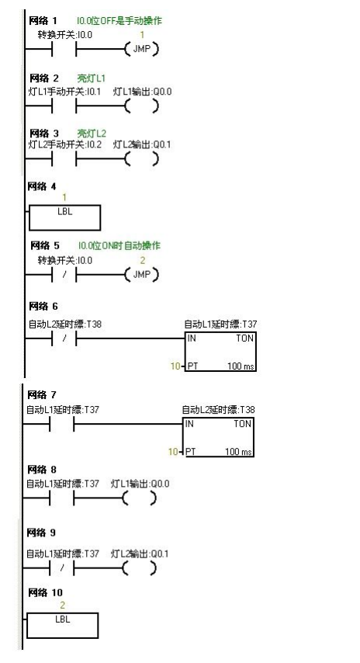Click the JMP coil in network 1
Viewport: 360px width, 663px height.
click(140, 50)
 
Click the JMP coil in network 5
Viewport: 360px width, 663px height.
click(140, 276)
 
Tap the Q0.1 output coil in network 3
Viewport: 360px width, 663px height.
click(140, 160)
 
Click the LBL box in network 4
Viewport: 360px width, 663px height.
click(64, 217)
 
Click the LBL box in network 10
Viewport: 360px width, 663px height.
click(62, 623)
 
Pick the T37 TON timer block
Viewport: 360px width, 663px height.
click(220, 351)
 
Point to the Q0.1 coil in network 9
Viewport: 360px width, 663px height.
click(140, 569)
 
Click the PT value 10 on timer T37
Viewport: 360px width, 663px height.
click(175, 364)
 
